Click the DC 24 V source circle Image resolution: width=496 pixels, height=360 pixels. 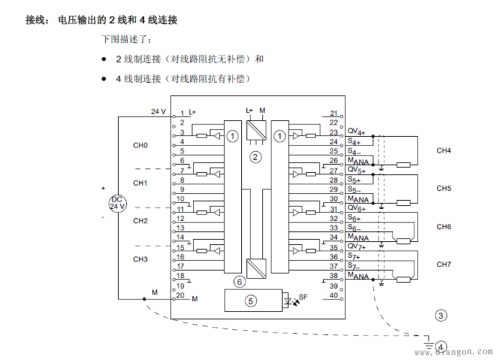coord(117,202)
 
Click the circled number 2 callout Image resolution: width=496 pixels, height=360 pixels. coord(254,156)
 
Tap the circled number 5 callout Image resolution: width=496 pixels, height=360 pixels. coord(251,301)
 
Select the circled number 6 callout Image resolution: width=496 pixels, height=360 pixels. coord(240,282)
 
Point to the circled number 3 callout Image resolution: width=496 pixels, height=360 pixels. coord(441,315)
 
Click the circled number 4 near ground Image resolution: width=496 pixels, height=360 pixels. coord(441,346)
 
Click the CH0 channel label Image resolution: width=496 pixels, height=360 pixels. coord(140,145)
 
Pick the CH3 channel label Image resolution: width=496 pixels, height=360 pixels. coord(140,258)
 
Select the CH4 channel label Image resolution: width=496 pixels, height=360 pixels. coord(444,150)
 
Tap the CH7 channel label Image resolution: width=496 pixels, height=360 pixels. coord(444,264)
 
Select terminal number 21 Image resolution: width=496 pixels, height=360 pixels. coord(334,113)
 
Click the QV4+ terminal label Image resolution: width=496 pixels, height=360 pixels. coord(356,132)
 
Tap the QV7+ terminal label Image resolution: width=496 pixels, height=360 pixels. coord(356,246)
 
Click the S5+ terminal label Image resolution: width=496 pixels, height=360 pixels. coord(354,179)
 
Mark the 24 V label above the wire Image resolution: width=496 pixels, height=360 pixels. coord(158,112)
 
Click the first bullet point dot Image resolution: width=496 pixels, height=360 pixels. coord(104,59)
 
